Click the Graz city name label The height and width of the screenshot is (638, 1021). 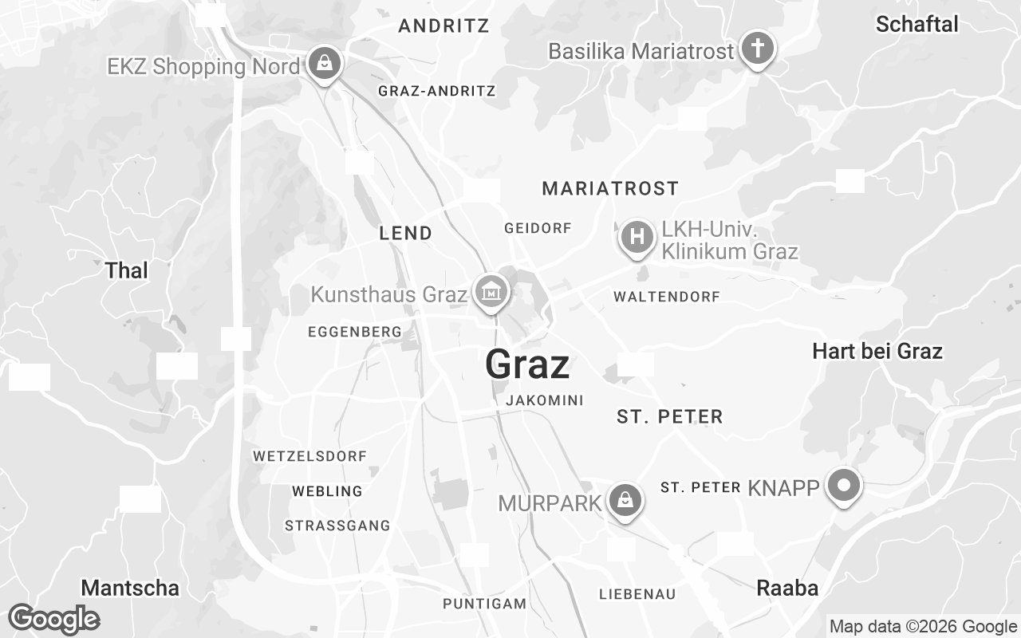[527, 364]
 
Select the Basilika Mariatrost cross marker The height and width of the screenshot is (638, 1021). [757, 49]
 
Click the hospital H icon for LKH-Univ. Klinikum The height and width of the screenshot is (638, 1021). [637, 238]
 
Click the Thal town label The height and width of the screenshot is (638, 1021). [127, 270]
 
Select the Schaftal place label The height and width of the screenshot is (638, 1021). [917, 24]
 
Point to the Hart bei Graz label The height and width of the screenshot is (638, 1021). [877, 351]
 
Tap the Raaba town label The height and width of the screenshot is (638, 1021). [787, 588]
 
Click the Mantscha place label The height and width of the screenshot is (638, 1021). [130, 588]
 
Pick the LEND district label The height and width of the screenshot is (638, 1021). [405, 233]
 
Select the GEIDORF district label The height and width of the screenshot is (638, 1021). [538, 228]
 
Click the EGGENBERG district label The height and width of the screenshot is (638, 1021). [354, 331]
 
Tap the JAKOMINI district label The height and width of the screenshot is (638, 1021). [545, 400]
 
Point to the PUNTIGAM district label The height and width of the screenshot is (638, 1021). [485, 603]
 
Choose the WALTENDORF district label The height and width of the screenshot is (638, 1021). [666, 297]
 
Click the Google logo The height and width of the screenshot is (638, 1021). [53, 619]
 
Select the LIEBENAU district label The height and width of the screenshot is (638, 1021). [637, 593]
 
